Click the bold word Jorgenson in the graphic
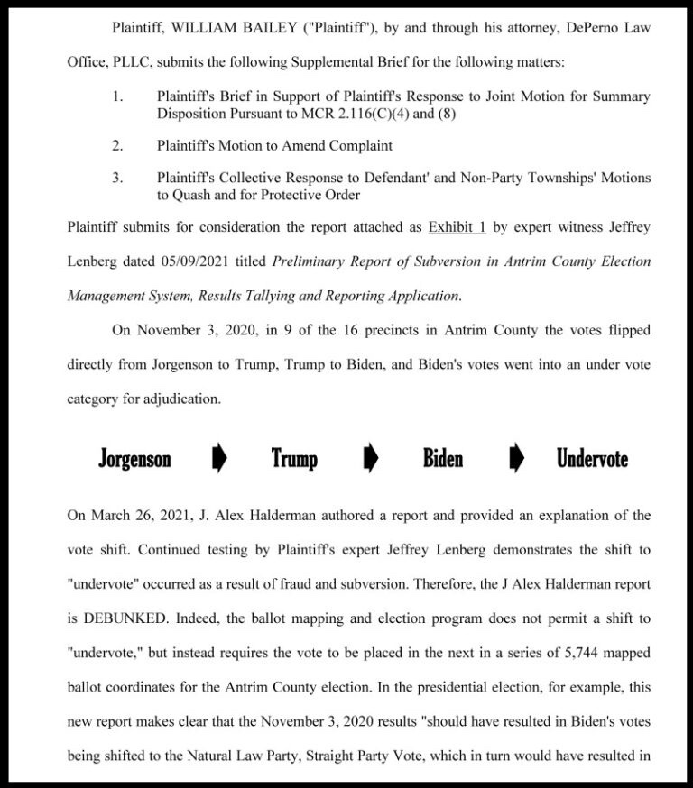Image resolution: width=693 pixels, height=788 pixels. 134,459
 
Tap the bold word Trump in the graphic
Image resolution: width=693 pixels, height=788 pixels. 294,459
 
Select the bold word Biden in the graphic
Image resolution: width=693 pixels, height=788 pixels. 442,459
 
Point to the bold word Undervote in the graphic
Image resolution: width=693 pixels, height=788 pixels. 592,459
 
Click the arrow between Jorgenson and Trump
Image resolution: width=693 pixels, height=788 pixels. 218,459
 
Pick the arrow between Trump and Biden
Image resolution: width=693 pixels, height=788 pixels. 370,459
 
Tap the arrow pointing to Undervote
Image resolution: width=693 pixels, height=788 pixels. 516,459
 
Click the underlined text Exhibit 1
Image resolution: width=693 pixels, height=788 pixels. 457,227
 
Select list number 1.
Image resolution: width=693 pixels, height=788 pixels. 117,96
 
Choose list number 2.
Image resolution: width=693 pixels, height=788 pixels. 117,145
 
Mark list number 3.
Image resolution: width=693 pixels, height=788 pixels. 117,178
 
